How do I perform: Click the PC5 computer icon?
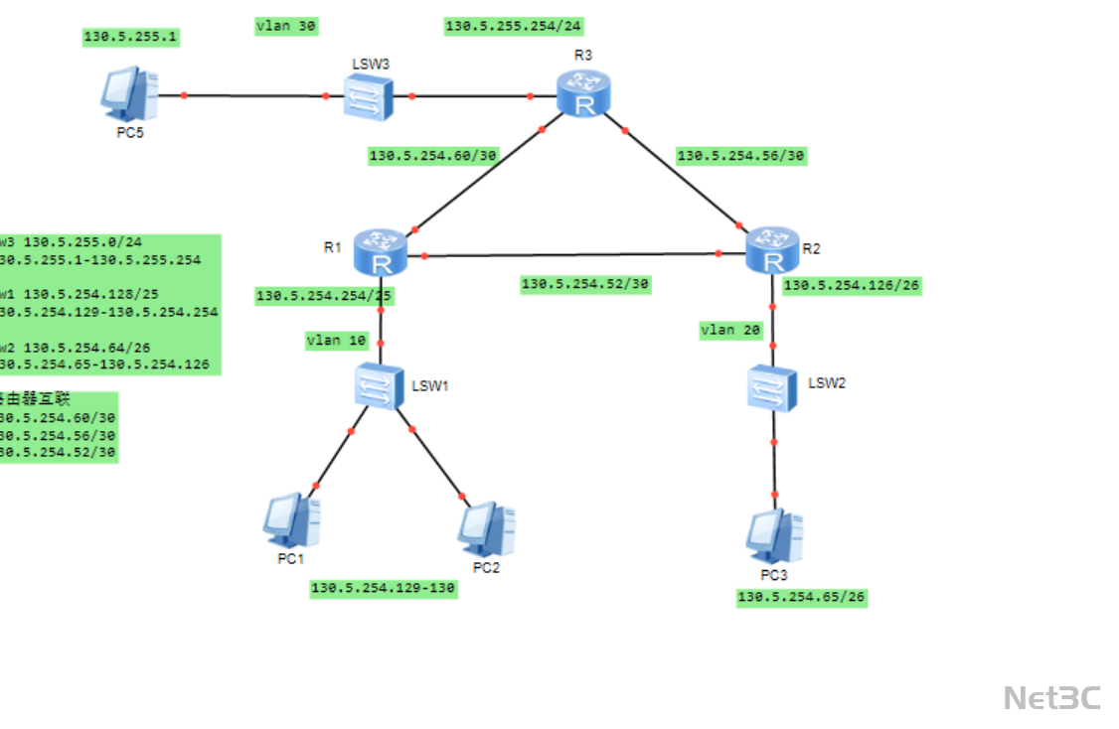point(129,94)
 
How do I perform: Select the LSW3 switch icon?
point(369,97)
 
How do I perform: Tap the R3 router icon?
point(583,95)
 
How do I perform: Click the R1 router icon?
point(379,252)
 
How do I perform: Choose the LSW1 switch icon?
point(380,384)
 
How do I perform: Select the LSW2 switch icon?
point(773,387)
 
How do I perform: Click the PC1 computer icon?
point(291,519)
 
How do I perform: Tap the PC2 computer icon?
point(486,527)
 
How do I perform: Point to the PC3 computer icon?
point(774,535)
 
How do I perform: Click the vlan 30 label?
point(286,27)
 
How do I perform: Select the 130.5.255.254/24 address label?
point(513,27)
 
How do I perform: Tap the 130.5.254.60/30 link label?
point(433,156)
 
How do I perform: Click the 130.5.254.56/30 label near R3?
point(740,156)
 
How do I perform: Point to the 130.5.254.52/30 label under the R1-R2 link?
point(584,285)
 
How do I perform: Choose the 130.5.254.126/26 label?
point(852,286)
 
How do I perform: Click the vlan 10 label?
point(337,341)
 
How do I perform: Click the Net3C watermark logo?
point(1051,697)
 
